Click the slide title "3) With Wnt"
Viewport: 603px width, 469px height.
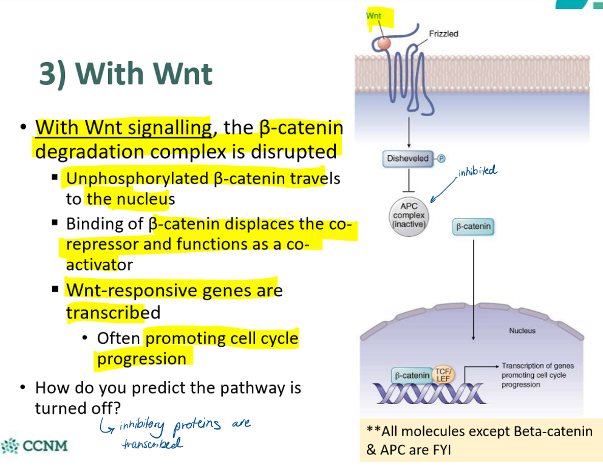[x=126, y=74]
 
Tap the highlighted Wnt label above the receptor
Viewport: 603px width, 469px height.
[x=375, y=16]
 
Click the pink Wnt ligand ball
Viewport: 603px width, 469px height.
[x=383, y=43]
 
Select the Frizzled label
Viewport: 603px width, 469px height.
[x=443, y=34]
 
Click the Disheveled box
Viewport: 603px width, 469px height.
[x=407, y=159]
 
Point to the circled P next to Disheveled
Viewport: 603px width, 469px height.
[x=441, y=159]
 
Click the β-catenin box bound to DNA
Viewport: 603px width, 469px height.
[x=412, y=375]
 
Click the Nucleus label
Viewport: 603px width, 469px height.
[x=522, y=330]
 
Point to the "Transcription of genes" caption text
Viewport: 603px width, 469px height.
[x=537, y=366]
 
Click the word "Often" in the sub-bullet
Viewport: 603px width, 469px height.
[x=118, y=338]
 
